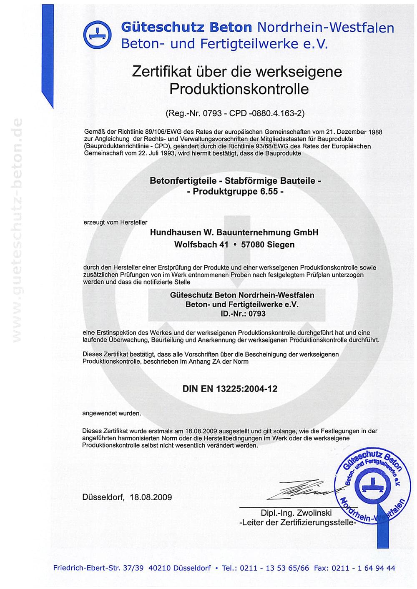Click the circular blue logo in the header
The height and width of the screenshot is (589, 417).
point(97,35)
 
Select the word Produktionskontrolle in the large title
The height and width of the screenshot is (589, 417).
point(239,89)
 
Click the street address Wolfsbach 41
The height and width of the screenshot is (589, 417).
point(201,245)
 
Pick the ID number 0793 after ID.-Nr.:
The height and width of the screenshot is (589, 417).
point(257,314)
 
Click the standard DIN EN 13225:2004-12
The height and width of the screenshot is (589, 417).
point(230,389)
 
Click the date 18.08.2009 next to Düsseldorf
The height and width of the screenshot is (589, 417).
point(151,497)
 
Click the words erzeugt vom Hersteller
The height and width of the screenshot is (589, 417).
point(116,222)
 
